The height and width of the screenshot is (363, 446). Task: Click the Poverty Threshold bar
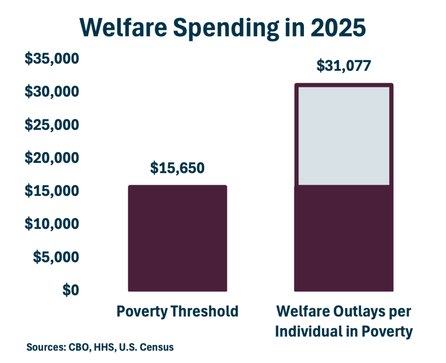tap(177, 238)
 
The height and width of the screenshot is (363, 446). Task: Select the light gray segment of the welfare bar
tap(344, 136)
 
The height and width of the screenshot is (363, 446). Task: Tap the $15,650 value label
tap(177, 168)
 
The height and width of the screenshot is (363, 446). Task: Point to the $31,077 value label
tap(344, 66)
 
